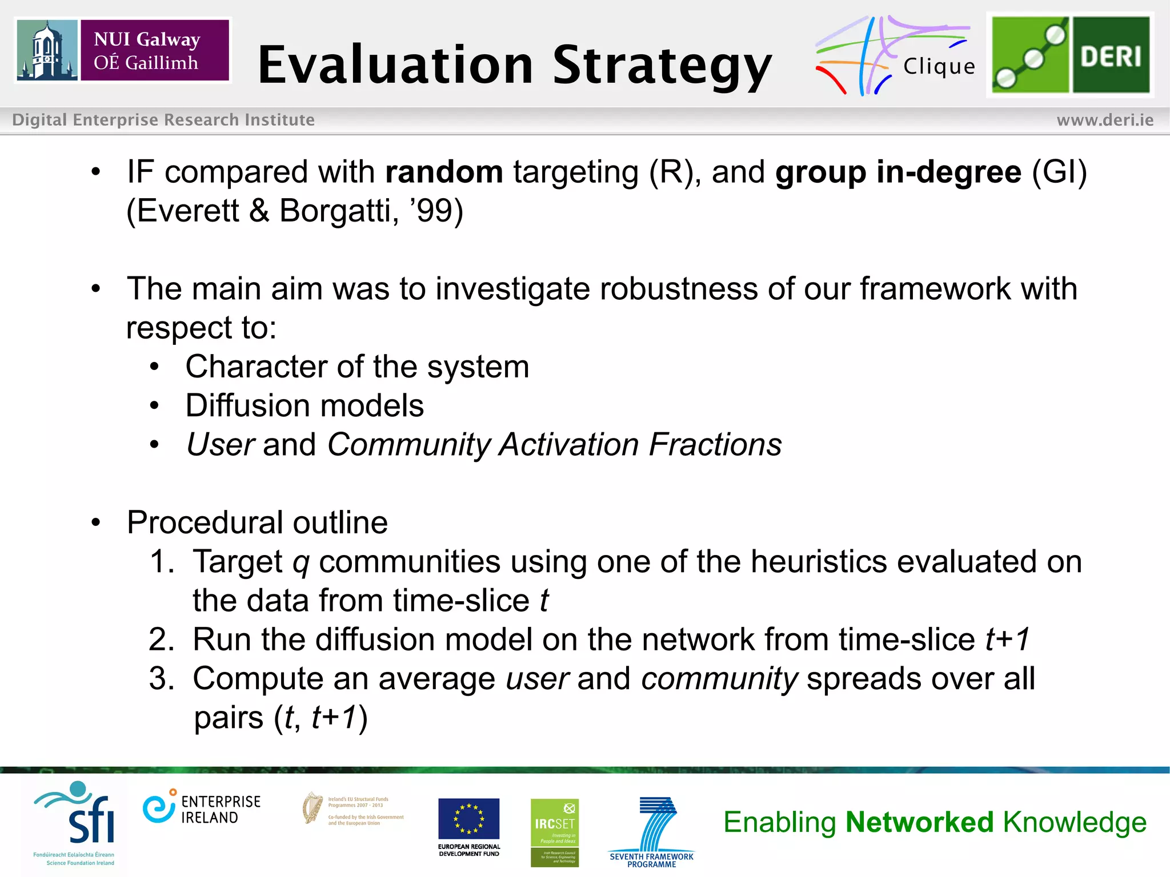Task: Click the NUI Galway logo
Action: [x=123, y=50]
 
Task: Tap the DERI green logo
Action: [x=1070, y=55]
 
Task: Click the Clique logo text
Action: [x=939, y=67]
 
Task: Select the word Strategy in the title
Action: [x=662, y=66]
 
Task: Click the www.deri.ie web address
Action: [x=1104, y=120]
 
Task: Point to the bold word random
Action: [x=444, y=172]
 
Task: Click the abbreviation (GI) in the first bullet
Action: [x=1059, y=172]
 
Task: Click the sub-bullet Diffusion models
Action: [x=304, y=405]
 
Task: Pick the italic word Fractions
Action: [x=715, y=444]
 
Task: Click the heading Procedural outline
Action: [x=257, y=522]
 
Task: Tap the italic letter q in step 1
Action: [x=300, y=562]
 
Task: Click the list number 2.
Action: [x=161, y=639]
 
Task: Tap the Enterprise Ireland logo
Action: [x=201, y=808]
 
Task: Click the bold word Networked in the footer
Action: [x=920, y=822]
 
